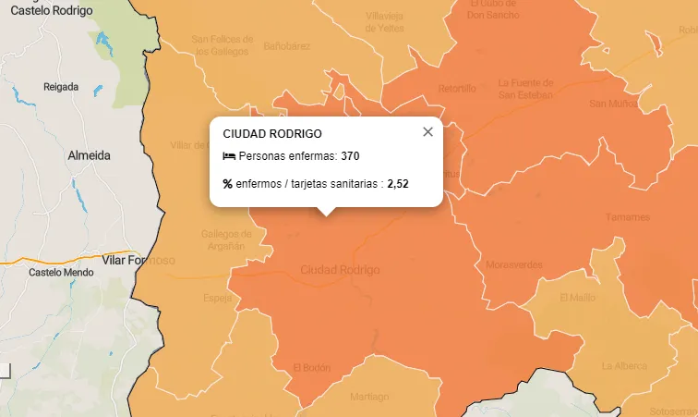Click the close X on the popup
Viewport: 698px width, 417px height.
[x=427, y=132]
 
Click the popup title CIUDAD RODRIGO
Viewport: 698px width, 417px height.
[x=272, y=134]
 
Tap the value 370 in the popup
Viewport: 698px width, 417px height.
[x=350, y=156]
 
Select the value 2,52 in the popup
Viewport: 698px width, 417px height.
[x=397, y=184]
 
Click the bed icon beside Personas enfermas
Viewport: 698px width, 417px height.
[x=229, y=156]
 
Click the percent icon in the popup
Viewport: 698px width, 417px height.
[x=228, y=184]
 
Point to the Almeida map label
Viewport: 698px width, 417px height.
[x=90, y=156]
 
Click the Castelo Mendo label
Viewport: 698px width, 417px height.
[x=61, y=273]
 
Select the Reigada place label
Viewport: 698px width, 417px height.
[x=62, y=87]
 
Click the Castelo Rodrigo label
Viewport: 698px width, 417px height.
[x=52, y=10]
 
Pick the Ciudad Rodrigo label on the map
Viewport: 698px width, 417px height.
[x=340, y=270]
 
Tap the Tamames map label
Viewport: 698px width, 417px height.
[x=627, y=217]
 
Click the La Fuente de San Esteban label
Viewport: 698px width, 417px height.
[x=525, y=88]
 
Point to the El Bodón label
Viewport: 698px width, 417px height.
[x=311, y=367]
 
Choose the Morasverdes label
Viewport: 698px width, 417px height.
[x=514, y=265]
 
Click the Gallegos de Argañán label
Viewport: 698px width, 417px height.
[x=226, y=239]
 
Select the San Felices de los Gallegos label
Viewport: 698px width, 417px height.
[x=220, y=45]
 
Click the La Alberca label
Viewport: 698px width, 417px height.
[x=624, y=366]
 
